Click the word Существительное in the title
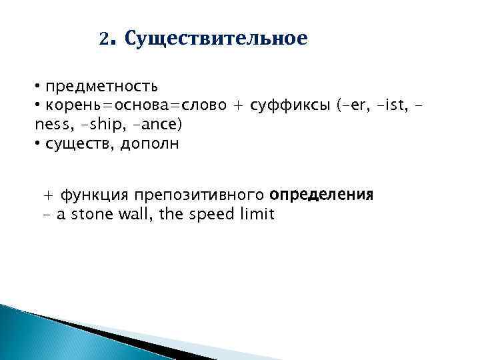tap(216, 39)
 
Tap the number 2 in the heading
tap(103, 39)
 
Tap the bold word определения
tap(321, 195)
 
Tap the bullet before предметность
tap(39, 87)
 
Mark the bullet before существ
tap(39, 145)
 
